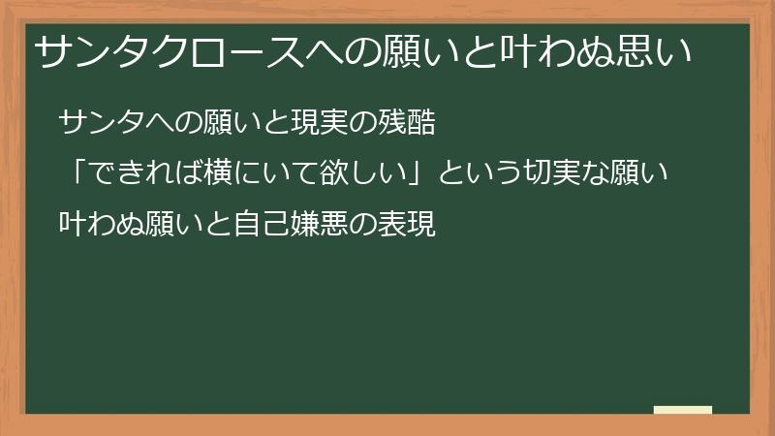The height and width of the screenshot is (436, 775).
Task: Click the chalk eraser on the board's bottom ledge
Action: click(683, 410)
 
